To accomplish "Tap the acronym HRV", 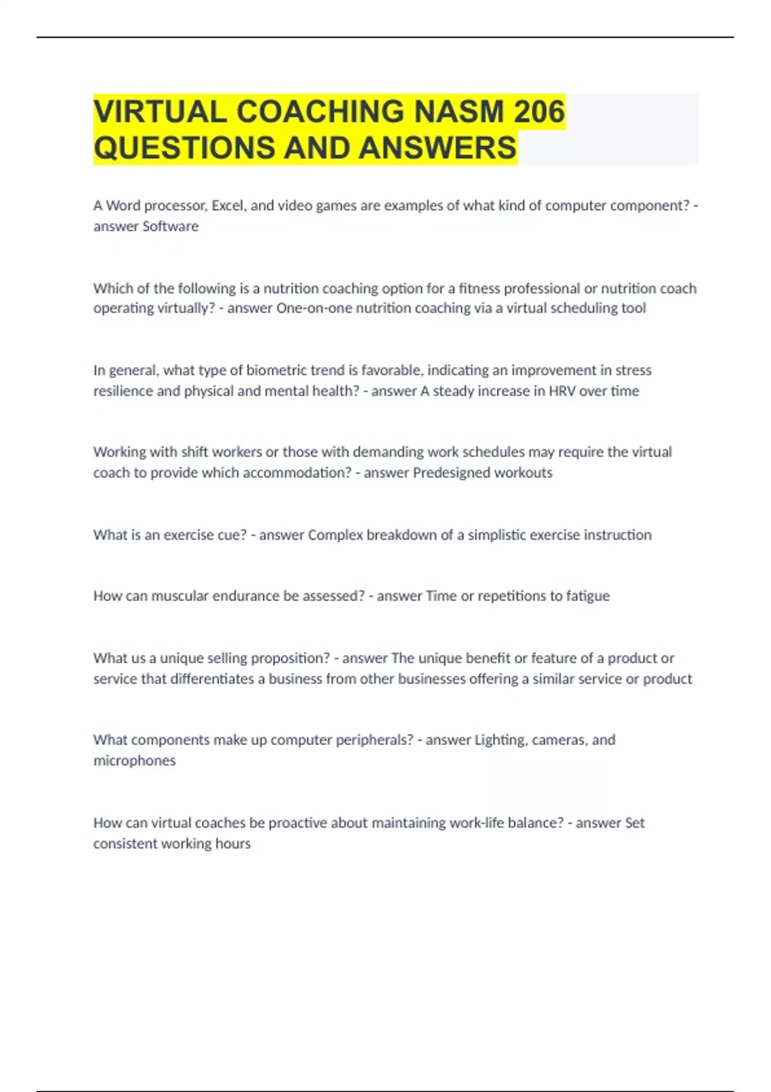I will click(562, 391).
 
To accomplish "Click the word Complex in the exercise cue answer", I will click(335, 535).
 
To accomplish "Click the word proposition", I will click(290, 658).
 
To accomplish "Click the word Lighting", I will click(499, 740).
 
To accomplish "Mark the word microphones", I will click(134, 761).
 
